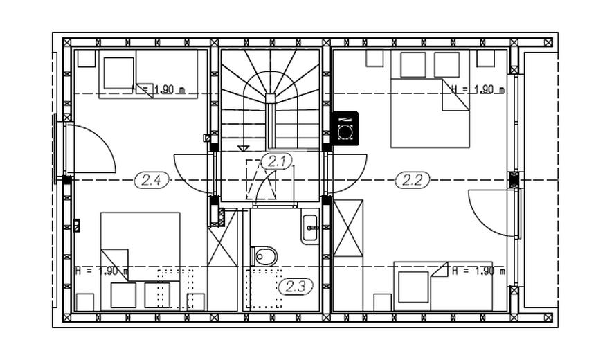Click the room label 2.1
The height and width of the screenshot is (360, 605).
277,162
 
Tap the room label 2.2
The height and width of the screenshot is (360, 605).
413,180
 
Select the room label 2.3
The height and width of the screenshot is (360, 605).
295,285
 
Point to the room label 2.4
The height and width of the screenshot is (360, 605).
152,180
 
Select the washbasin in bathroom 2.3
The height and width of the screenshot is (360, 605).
310,226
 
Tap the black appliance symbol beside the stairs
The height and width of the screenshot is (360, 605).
345,127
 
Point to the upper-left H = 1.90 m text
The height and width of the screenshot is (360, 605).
161,89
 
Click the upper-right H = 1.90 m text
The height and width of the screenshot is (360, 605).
478,89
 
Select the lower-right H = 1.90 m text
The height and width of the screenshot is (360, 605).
478,271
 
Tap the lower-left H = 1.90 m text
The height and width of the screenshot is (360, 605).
101,271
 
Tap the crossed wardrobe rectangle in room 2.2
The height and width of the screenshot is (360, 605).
347,227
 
